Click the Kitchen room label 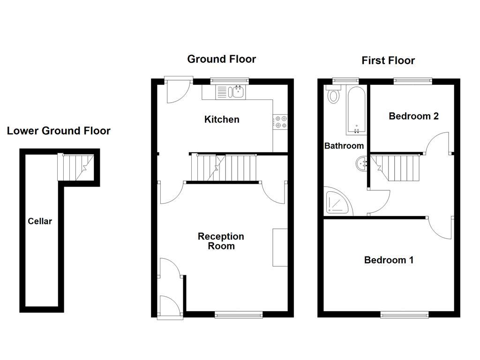(x=222, y=120)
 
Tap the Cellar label (x=40, y=221)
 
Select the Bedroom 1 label (x=389, y=260)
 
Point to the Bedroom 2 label (x=413, y=116)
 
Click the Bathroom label (x=344, y=146)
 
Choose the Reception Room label (x=221, y=241)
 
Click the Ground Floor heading (x=221, y=59)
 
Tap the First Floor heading (x=388, y=60)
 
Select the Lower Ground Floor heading (x=59, y=131)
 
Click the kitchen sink (x=230, y=92)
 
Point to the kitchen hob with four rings (x=281, y=122)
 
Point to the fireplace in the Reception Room (x=280, y=247)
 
